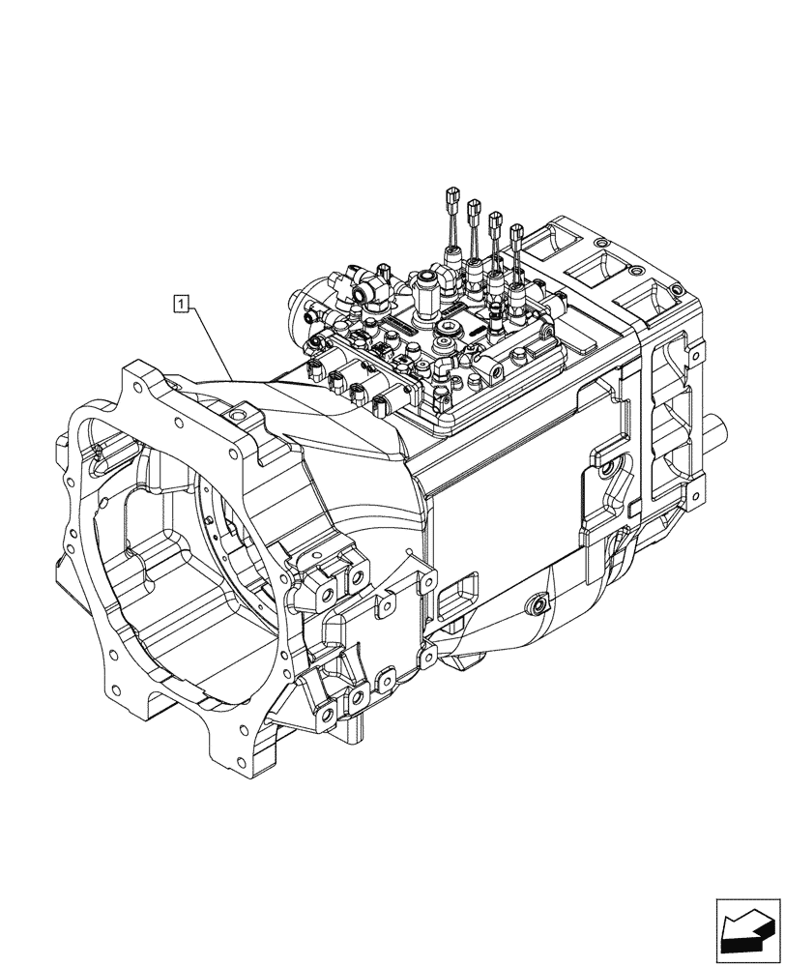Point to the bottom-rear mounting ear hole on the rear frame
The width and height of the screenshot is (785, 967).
click(x=692, y=500)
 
